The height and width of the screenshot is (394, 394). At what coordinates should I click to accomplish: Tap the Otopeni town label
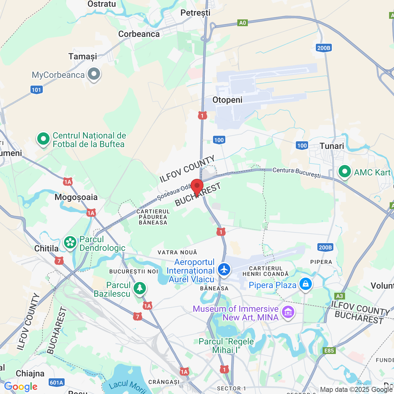tap(227, 100)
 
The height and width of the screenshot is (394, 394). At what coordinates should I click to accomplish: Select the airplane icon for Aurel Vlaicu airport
tap(224, 269)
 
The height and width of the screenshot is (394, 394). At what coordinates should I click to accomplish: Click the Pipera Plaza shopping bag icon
tap(305, 284)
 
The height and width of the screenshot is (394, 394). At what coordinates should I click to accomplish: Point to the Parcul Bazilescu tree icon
tap(140, 288)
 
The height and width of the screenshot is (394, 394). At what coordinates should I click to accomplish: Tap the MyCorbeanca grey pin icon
tap(94, 74)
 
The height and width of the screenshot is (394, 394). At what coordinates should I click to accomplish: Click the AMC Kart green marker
tap(345, 171)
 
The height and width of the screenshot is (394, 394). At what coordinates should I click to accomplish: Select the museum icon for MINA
tap(288, 312)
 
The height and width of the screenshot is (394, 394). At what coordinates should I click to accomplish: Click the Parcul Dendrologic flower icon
tap(70, 242)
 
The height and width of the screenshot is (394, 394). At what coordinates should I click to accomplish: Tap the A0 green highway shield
tap(243, 23)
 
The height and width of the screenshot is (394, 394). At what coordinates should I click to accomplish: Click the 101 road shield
tap(36, 90)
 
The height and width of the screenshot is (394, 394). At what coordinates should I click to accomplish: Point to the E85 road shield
tap(329, 351)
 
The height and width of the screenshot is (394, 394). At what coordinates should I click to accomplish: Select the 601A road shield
tap(56, 383)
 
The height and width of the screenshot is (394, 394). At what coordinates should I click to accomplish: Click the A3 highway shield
tap(339, 296)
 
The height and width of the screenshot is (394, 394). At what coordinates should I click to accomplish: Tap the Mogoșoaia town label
tap(76, 197)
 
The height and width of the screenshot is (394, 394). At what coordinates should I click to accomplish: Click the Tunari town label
tap(332, 146)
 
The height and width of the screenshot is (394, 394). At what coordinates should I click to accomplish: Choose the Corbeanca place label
tap(139, 34)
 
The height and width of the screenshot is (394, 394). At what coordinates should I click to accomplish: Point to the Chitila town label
tap(46, 248)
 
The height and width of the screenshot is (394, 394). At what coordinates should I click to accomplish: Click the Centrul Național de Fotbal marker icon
tap(43, 139)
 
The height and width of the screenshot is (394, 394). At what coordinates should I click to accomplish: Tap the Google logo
tap(21, 387)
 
